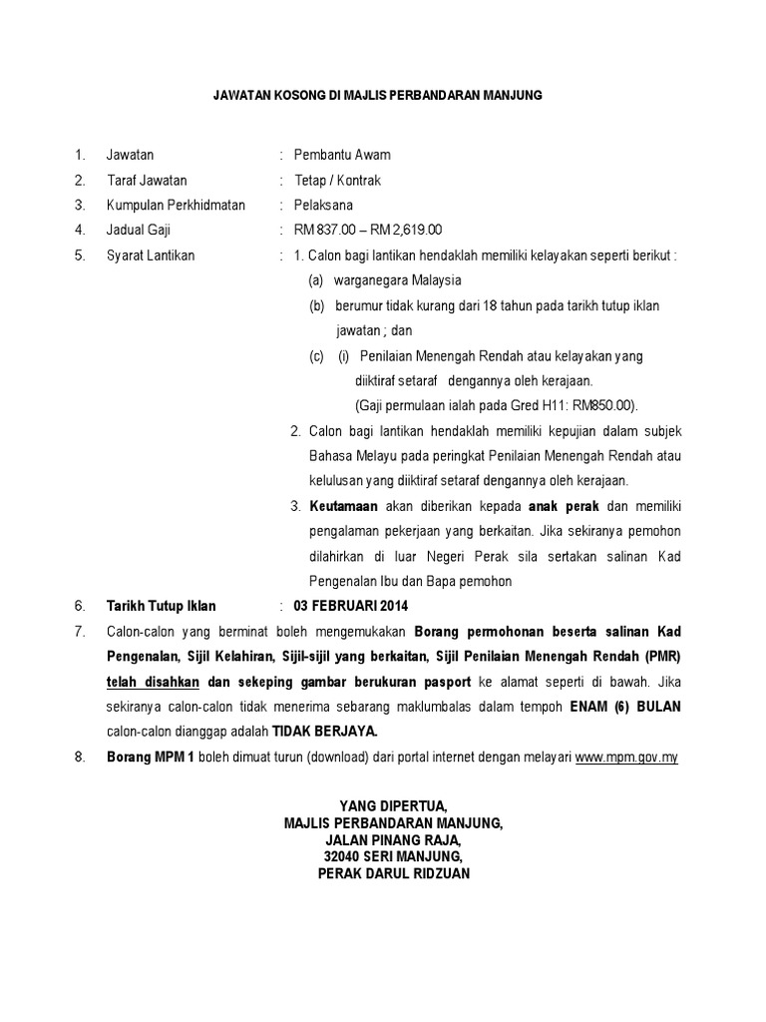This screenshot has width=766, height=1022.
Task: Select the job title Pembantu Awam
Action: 342,155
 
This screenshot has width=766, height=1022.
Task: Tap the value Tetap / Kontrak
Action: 337,181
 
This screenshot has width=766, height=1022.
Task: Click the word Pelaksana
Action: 323,206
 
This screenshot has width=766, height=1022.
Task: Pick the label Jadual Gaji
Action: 141,231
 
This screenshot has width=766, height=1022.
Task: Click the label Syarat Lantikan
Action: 151,255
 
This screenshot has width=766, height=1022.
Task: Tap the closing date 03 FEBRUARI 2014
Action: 351,606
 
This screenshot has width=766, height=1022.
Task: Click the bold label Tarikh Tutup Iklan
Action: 161,606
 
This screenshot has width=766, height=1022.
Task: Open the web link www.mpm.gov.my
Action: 626,757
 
